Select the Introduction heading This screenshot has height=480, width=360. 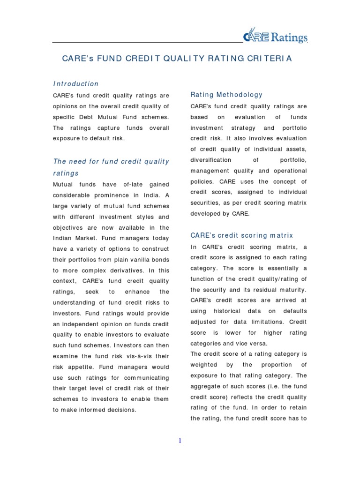tap(75, 84)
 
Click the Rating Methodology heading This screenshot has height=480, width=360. tap(226, 95)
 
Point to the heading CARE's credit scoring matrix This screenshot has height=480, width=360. tap(241, 235)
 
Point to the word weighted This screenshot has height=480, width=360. tap(204, 365)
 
